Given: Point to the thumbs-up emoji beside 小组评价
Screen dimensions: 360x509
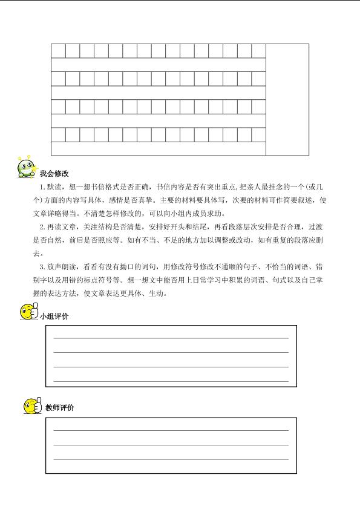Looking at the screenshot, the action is point(28,313).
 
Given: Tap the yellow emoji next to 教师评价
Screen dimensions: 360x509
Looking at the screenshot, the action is point(32,406).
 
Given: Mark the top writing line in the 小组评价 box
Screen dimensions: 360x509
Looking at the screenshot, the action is point(171,338).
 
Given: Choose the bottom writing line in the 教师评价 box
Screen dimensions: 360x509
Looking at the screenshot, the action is point(171,460).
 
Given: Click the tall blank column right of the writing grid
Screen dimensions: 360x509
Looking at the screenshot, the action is point(287,99).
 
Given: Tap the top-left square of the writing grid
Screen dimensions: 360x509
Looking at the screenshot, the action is point(58,51).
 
